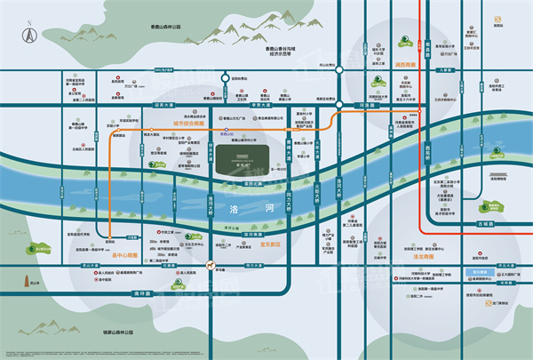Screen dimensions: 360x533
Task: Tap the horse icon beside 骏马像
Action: point(209,266)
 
